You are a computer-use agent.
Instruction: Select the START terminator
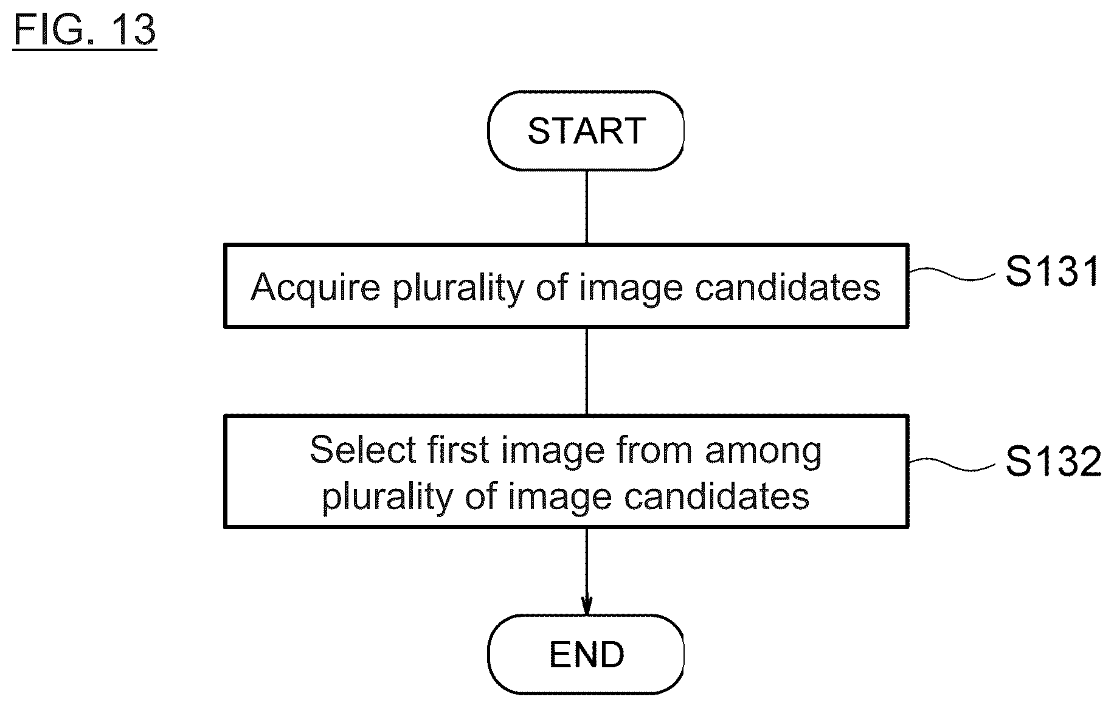tap(586, 131)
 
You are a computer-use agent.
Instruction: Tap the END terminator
tap(586, 654)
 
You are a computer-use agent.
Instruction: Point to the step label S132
tap(1053, 461)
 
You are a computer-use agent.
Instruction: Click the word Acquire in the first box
tap(316, 287)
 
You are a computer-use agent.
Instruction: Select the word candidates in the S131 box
tap(787, 286)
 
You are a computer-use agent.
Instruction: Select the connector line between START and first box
tap(586, 207)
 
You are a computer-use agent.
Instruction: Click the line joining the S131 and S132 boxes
tap(586, 372)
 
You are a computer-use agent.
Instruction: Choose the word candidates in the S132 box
tap(717, 496)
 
